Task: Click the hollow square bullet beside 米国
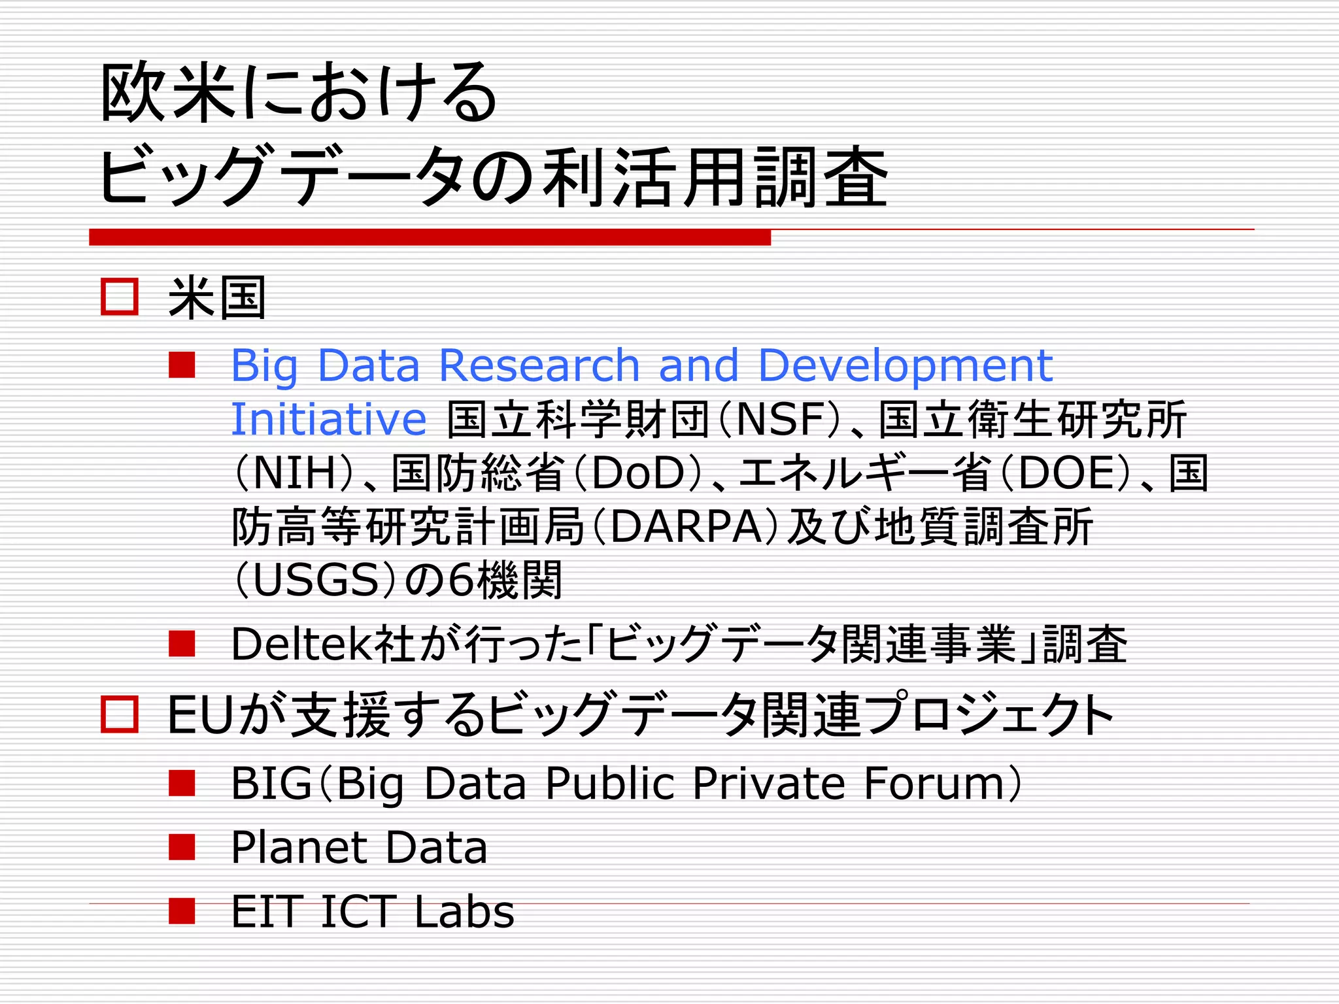120,297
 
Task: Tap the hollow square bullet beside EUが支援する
120,714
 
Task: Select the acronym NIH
294,473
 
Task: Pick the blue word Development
905,366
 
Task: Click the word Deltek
303,644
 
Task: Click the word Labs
464,912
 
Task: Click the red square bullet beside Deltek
182,644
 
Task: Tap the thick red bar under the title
430,237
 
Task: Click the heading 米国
217,298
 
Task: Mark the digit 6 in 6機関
461,580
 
